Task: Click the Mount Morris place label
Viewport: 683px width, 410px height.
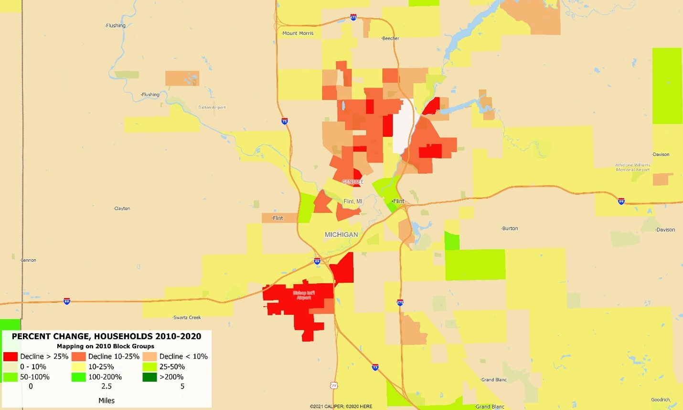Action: point(298,33)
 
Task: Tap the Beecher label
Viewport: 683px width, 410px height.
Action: point(391,38)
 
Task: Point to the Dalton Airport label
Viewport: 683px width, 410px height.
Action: point(212,108)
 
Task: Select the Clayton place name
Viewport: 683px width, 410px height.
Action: point(122,209)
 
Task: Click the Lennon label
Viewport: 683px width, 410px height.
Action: point(29,260)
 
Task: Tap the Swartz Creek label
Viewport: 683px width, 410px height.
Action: point(187,318)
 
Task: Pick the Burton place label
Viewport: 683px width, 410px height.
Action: point(510,229)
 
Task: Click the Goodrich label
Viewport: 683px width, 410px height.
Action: point(661,400)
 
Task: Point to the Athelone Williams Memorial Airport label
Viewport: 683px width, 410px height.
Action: point(633,167)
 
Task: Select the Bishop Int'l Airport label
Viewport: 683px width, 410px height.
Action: point(304,295)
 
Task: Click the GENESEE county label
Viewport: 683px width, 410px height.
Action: point(352,182)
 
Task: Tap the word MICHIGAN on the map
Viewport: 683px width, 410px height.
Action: point(341,235)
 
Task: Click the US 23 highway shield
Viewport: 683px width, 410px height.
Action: point(334,385)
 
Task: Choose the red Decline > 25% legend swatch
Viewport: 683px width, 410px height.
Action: point(11,356)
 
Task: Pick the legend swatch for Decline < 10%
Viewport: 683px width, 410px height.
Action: point(149,356)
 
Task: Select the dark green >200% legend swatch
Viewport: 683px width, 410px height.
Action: point(149,377)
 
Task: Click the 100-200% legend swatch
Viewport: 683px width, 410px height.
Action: point(79,377)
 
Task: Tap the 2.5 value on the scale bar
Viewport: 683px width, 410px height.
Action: point(107,387)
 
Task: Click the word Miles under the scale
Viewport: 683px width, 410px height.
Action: point(107,401)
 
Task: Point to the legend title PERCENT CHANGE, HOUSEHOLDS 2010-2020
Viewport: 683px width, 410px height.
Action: point(107,336)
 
